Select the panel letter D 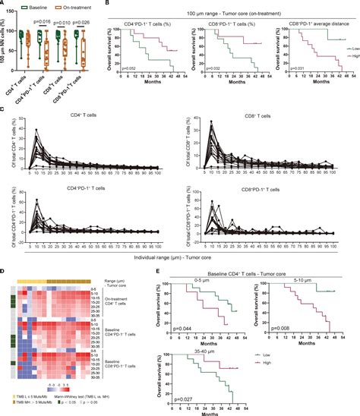5,268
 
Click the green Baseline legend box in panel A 23,5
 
